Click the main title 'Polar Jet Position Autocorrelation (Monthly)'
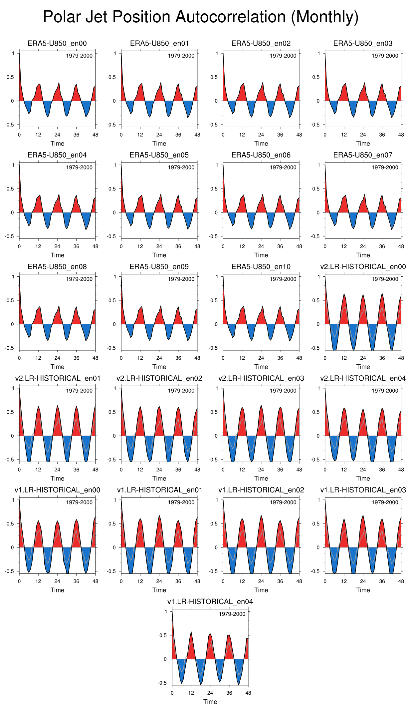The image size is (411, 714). coord(201,17)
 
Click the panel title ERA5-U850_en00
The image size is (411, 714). coord(57,43)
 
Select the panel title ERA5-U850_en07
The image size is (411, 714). coord(363,155)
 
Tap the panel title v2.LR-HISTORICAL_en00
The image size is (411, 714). coord(363,266)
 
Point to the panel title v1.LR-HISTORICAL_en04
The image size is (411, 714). coord(210,601)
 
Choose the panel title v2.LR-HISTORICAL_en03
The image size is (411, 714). coord(261,378)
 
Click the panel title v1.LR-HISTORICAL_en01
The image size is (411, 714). coord(159,490)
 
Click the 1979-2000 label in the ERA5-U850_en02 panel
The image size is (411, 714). coord(283,56)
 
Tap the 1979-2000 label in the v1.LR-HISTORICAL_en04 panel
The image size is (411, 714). coord(232,614)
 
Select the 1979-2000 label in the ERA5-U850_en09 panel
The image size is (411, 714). coord(181,279)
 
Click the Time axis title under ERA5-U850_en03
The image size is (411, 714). coord(363,144)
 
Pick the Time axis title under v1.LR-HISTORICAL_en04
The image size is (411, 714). coord(210,702)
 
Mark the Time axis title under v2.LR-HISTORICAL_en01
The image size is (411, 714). coord(57,478)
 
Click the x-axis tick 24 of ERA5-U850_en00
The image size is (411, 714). coord(57,135)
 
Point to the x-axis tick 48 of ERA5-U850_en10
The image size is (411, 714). coord(299,358)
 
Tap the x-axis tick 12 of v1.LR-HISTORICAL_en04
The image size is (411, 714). coord(191,693)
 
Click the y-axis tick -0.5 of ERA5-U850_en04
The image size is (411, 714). coord(11,236)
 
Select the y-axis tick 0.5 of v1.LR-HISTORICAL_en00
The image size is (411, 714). coord(11,524)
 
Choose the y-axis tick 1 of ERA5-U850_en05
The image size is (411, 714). coord(115,165)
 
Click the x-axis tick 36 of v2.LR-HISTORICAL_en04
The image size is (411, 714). coord(382,470)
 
